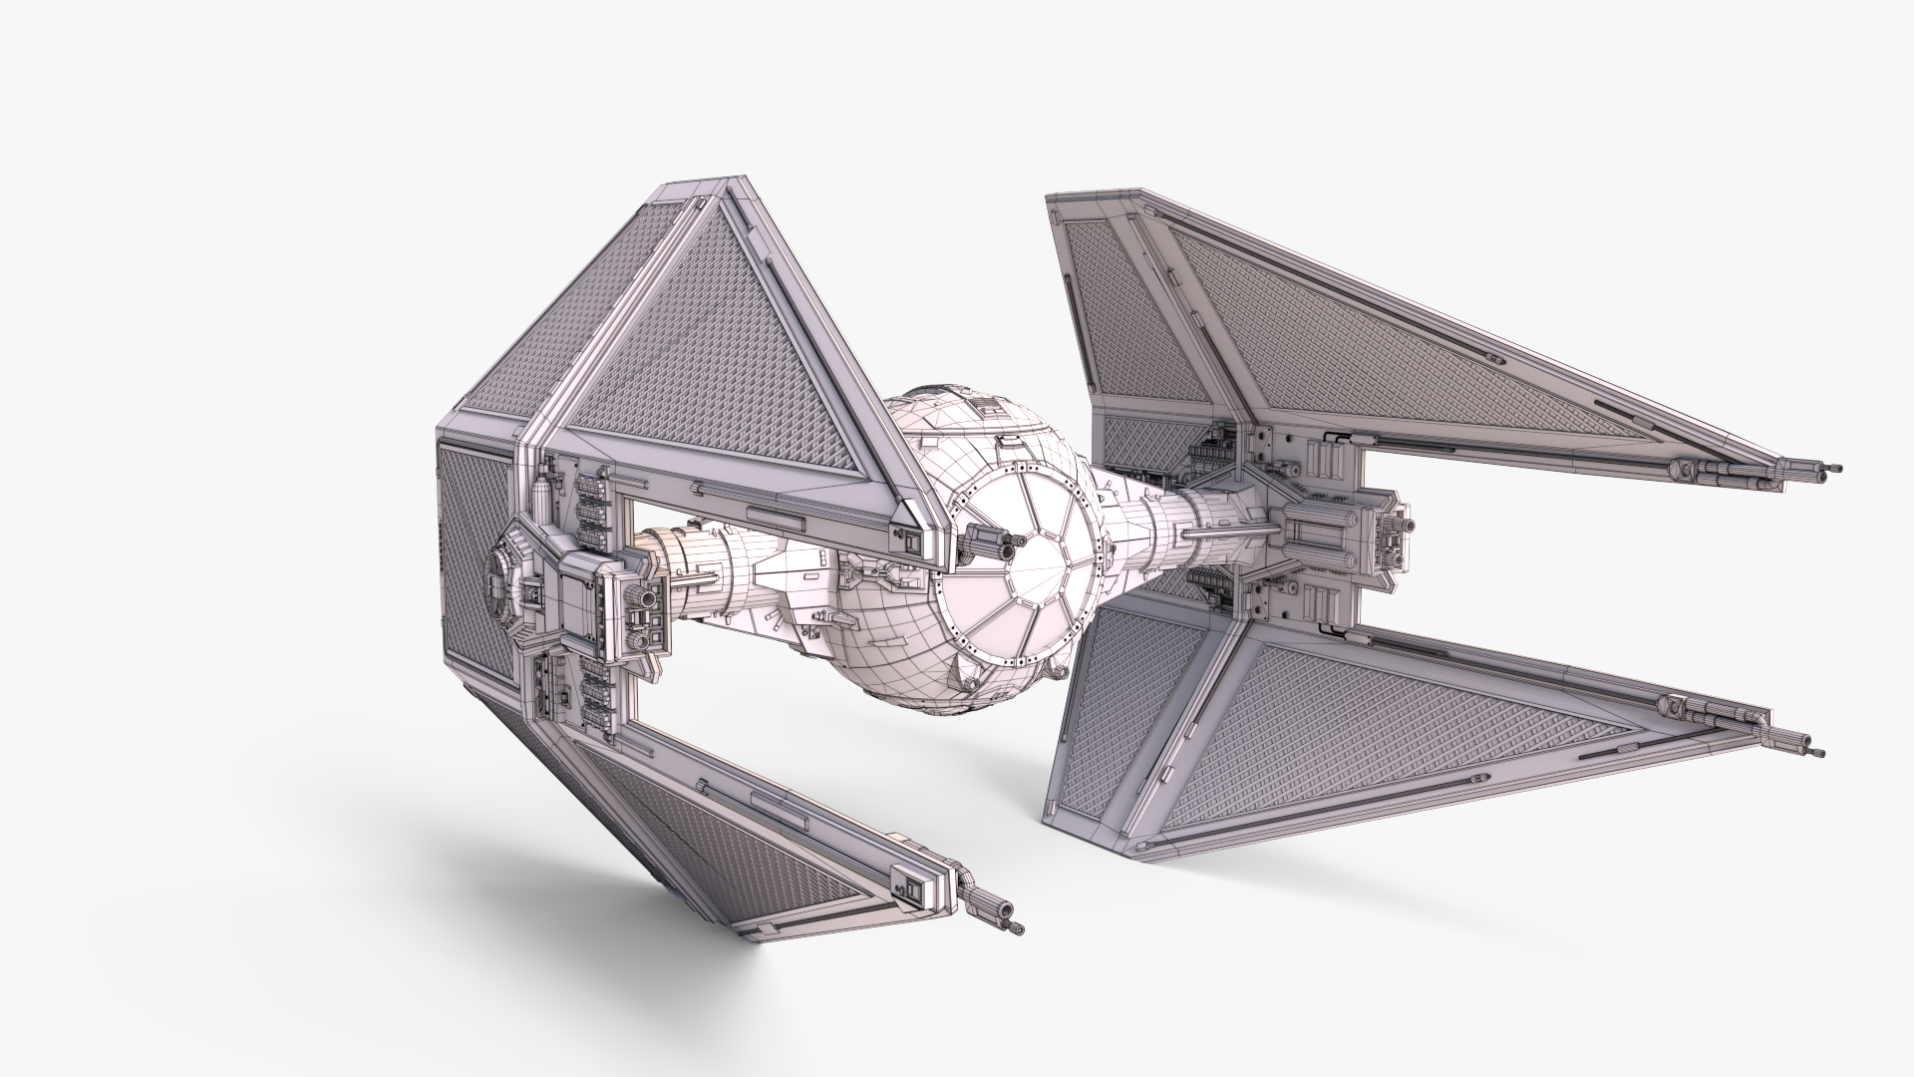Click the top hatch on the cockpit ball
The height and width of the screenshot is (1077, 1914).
[x=987, y=403]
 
